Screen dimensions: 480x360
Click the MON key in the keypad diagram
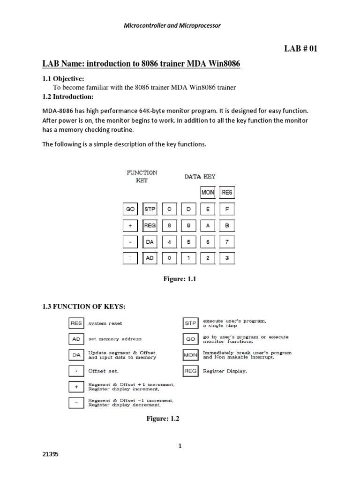(208, 192)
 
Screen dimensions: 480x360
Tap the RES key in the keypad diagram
(227, 192)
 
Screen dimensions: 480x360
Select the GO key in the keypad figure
(130, 209)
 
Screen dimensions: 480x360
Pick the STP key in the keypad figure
(150, 209)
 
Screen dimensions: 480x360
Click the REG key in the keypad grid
(150, 225)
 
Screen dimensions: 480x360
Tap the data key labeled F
(227, 209)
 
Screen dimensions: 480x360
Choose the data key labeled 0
(169, 258)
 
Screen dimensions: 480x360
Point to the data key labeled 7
(227, 242)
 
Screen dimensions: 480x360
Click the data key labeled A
(208, 225)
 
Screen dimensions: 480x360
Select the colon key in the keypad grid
(130, 258)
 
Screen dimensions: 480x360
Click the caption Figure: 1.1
(179, 279)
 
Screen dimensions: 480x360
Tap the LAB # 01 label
(301, 48)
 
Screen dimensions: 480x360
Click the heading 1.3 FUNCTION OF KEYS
(84, 307)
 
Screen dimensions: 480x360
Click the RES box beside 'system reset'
(75, 323)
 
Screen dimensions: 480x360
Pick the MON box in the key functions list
(191, 355)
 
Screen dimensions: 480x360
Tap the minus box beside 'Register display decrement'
(75, 403)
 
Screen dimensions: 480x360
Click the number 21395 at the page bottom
(51, 455)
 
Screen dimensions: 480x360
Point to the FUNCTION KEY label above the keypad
(142, 176)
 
